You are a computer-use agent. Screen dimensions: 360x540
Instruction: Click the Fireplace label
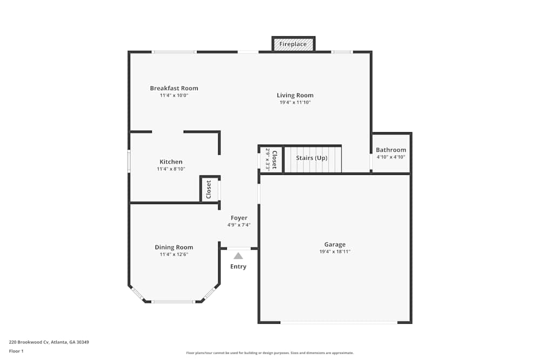point(293,44)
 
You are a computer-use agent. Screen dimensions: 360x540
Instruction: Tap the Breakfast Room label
point(174,89)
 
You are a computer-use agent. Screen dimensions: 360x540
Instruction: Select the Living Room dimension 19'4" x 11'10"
point(295,103)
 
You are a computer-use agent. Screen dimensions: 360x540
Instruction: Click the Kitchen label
point(171,162)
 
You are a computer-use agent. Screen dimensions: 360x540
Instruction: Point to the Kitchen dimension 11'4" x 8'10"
point(171,169)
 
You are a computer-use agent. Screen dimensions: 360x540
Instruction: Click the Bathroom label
point(391,150)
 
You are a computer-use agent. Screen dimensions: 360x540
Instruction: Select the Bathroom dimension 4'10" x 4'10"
point(391,157)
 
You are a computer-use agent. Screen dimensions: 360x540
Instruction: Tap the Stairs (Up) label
point(312,158)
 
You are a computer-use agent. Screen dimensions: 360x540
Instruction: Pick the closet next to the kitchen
point(209,189)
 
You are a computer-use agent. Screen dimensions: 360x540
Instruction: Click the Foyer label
point(239,218)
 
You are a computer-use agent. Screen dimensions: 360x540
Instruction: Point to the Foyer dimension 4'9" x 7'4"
point(239,225)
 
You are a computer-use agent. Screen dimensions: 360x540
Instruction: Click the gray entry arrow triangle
point(238,256)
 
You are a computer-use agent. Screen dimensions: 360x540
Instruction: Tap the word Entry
point(238,267)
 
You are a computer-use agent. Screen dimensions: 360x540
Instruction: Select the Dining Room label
point(174,248)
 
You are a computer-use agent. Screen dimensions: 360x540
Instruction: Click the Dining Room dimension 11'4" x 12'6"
point(174,254)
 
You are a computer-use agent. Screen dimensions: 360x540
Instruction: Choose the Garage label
point(335,244)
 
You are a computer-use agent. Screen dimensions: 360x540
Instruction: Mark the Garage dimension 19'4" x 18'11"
point(335,252)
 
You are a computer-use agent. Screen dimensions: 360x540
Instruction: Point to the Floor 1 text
point(16,351)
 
